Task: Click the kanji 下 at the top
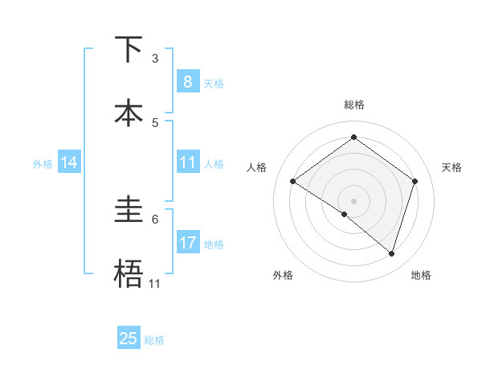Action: click(129, 49)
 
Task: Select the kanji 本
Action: click(129, 113)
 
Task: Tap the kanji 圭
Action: click(129, 210)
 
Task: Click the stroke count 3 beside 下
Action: click(155, 59)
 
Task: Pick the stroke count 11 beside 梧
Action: click(155, 284)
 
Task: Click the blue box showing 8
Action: click(187, 82)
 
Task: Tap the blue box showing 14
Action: click(69, 163)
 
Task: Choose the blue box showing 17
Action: click(187, 243)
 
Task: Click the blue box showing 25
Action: click(129, 339)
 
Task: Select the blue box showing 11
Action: click(187, 163)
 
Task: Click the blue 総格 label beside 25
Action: click(154, 340)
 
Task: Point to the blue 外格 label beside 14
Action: click(43, 164)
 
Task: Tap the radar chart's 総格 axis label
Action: click(353, 105)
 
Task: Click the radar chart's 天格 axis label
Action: click(451, 167)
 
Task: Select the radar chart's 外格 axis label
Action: click(283, 275)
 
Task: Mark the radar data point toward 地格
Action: click(391, 253)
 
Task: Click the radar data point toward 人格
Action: click(292, 182)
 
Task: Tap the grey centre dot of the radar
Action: click(353, 200)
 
